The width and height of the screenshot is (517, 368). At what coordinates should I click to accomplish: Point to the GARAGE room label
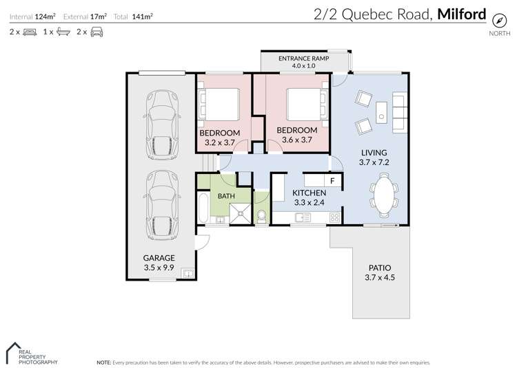(159, 258)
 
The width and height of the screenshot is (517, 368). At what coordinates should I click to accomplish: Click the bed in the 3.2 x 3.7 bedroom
(219, 105)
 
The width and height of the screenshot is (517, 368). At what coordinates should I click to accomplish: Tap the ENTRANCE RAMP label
(303, 59)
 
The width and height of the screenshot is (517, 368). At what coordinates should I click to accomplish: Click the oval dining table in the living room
(383, 195)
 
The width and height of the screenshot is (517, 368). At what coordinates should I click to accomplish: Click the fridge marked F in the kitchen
(332, 181)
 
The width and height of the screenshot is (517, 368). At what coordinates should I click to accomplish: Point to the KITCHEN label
(309, 193)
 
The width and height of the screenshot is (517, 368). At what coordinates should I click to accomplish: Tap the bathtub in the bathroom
(203, 209)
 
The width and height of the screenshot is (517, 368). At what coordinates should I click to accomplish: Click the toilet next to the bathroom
(261, 215)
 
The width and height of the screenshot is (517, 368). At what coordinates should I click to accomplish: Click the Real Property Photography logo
(31, 353)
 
